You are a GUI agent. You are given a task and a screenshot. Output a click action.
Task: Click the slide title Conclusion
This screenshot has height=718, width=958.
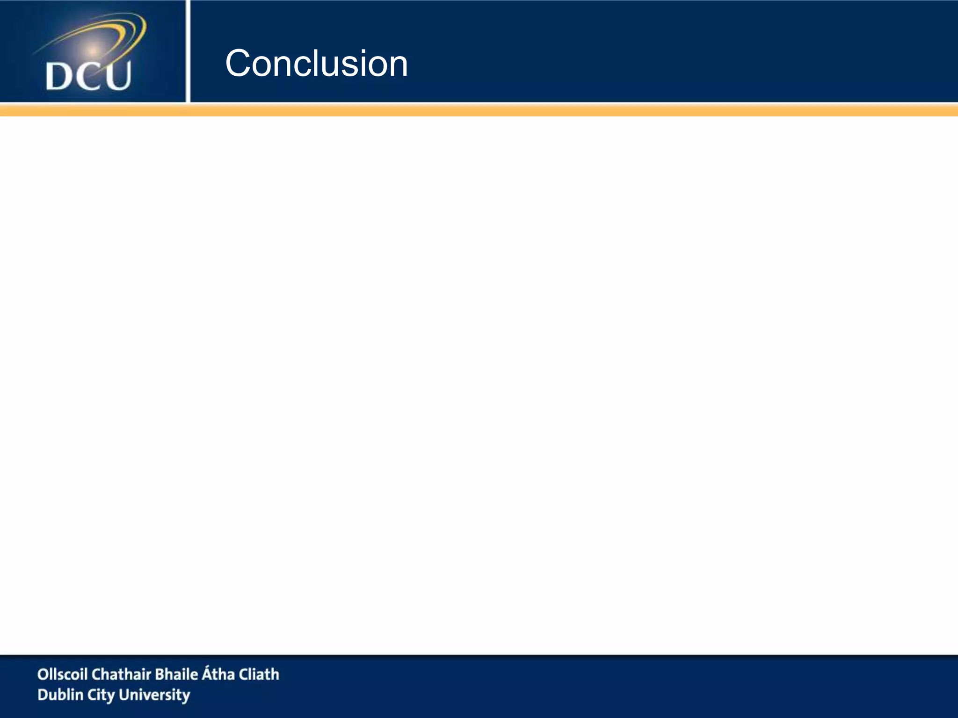(316, 64)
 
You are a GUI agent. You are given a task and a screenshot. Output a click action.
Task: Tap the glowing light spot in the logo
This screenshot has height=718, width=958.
(93, 50)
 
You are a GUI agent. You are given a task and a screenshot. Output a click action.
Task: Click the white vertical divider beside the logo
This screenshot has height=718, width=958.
(188, 51)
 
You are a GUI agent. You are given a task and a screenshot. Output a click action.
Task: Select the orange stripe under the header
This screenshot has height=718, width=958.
(479, 110)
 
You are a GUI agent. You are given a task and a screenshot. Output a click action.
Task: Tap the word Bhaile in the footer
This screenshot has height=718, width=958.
(176, 674)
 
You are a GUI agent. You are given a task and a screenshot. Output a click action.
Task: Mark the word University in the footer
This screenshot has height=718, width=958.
(154, 695)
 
